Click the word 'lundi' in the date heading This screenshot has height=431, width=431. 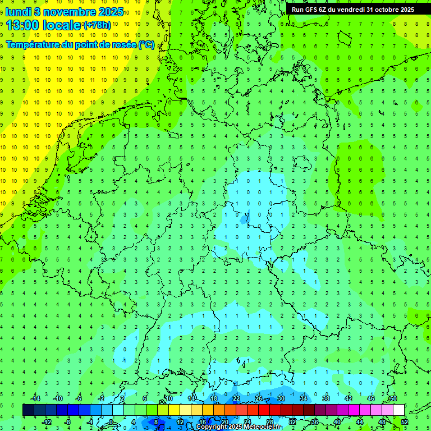18,12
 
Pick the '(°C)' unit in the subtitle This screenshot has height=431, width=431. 146,44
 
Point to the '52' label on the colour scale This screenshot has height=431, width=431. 405,421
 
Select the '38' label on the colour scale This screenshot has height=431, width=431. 325,398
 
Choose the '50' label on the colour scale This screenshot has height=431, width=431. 393,398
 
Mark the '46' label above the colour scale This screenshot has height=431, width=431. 370,398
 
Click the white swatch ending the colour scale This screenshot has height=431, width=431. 398,410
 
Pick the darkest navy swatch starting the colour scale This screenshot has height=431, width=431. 28,410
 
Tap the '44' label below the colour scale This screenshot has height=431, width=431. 360,421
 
